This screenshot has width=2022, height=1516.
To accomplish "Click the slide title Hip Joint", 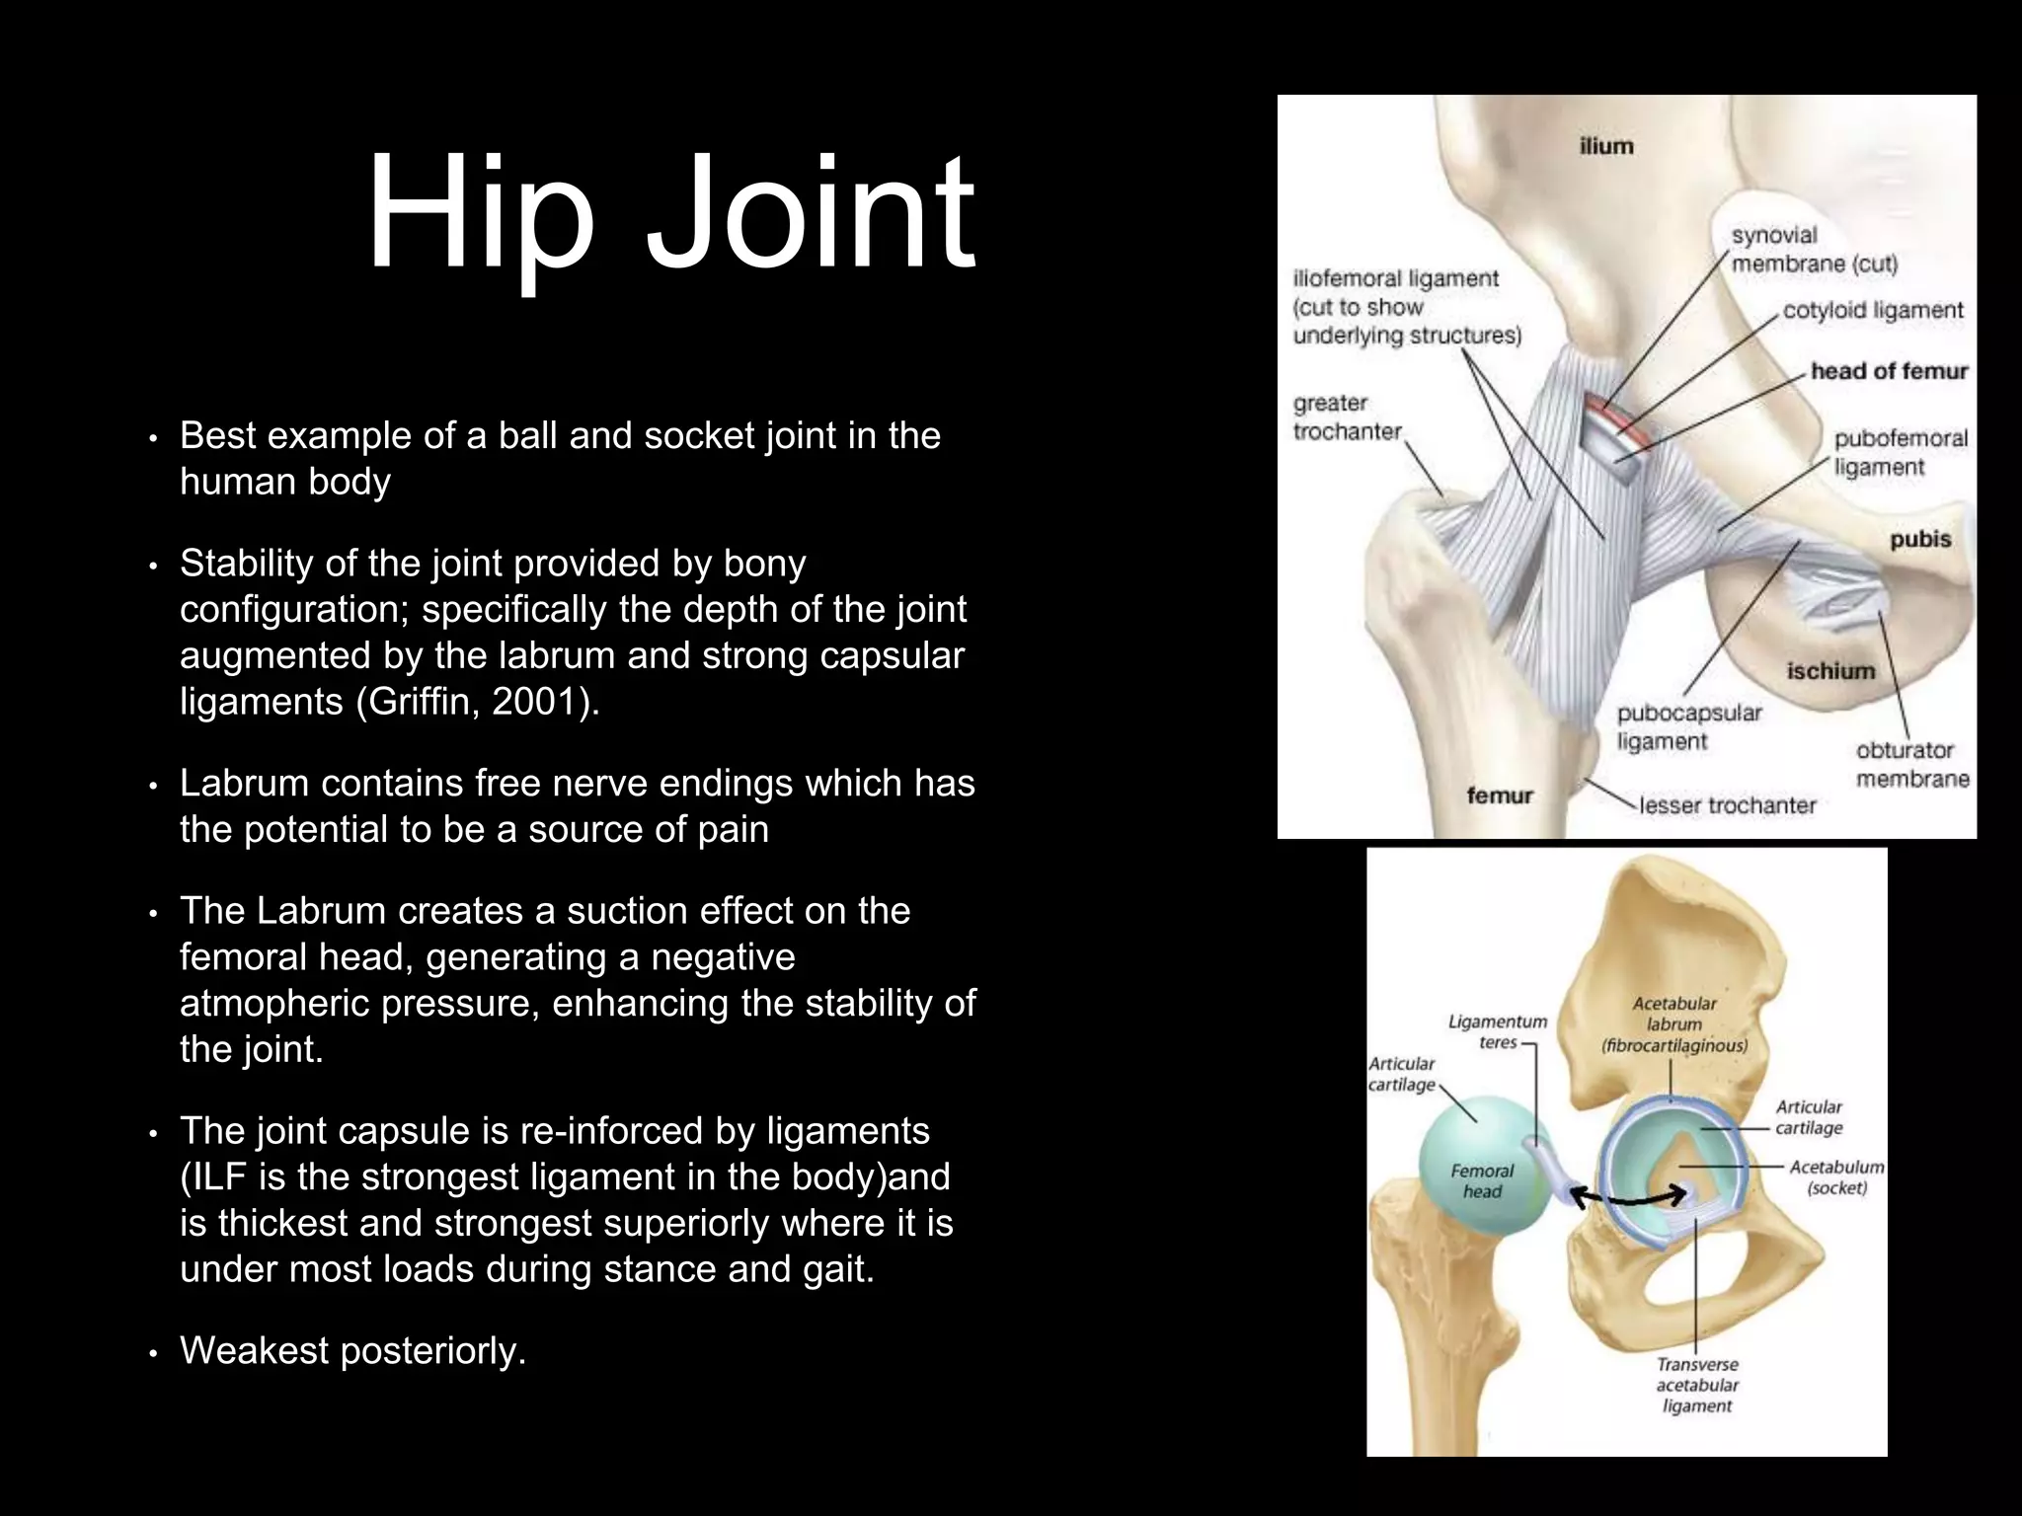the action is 671,215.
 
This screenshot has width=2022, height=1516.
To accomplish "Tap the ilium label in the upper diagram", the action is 1606,146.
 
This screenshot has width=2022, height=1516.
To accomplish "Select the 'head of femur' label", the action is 1889,371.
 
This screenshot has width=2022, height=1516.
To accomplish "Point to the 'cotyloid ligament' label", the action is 1873,310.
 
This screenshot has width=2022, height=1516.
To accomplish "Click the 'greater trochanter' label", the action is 1348,417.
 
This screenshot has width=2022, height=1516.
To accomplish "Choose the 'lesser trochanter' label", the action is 1727,805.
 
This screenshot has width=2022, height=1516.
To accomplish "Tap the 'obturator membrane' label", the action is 1912,765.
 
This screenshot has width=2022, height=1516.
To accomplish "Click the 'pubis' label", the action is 1920,539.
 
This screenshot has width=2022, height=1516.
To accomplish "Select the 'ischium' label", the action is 1830,671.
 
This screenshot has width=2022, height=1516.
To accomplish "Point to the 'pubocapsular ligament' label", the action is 1689,726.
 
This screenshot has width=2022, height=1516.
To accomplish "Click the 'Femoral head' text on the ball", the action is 1482,1180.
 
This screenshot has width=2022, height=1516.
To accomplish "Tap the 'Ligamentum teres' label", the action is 1498,1031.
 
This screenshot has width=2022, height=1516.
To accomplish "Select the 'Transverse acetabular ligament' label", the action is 1697,1385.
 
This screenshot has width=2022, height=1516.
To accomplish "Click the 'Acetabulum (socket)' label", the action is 1836,1177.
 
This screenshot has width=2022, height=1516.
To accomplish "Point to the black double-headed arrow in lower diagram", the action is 1628,1197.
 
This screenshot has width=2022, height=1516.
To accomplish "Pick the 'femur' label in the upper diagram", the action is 1500,796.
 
